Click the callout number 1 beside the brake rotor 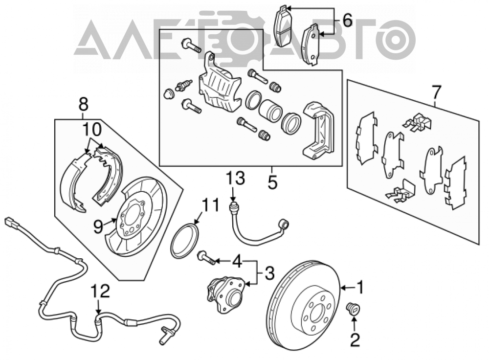(360, 287)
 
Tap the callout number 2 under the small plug (355, 340)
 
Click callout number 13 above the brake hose (236, 179)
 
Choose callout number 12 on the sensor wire (101, 291)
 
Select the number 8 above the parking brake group (84, 104)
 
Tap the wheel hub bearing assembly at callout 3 (225, 294)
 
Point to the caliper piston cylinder (270, 111)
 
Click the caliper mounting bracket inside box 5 (319, 131)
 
